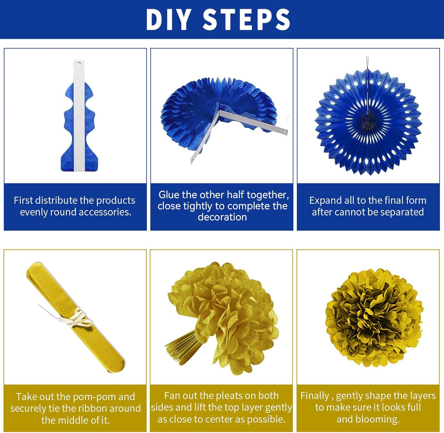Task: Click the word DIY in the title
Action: coord(168,20)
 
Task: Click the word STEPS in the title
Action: coord(246,20)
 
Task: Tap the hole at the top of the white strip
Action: coord(79,63)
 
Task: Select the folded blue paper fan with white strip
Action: coord(79,116)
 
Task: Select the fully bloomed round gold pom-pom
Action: coord(374,318)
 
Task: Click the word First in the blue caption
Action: coord(25,200)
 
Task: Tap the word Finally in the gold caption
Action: coord(315,396)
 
